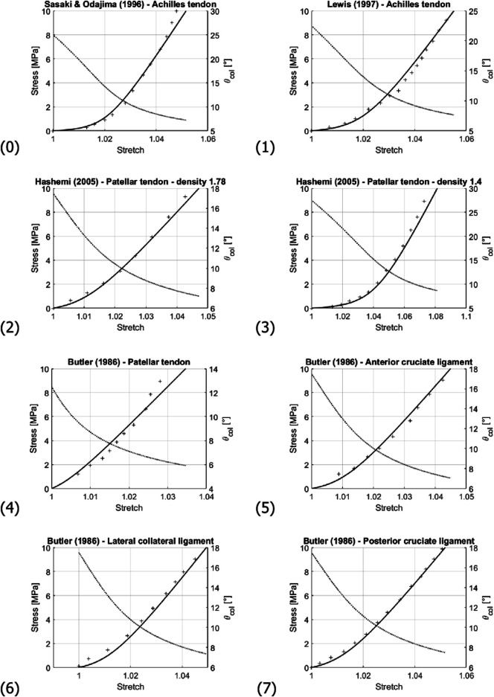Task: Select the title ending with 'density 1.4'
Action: (x=380, y=182)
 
